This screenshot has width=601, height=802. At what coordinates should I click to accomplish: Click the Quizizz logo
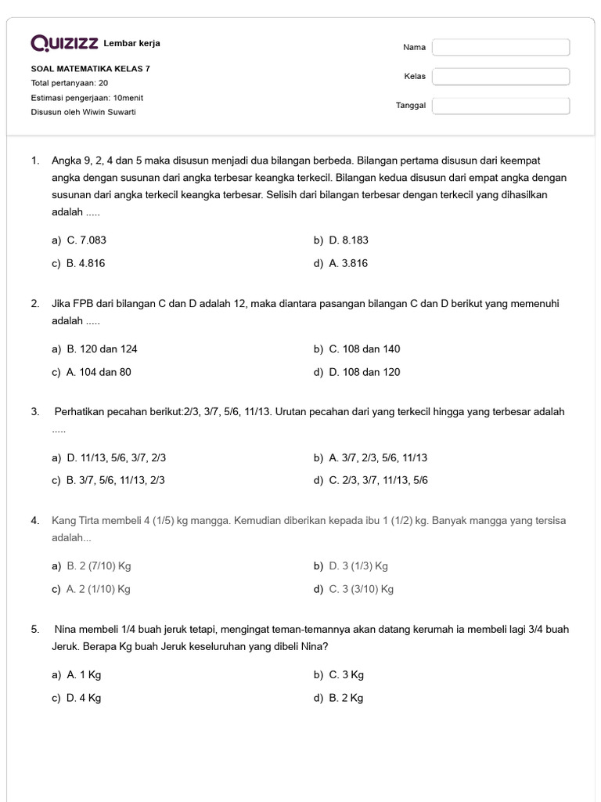click(64, 43)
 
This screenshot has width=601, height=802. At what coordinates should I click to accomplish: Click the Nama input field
click(501, 48)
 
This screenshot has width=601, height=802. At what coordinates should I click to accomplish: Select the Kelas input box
click(501, 77)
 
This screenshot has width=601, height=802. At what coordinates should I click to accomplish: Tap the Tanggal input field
click(501, 106)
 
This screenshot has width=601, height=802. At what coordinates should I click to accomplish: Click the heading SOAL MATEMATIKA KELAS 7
click(91, 69)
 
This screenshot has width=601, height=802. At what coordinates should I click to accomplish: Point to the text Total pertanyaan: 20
click(70, 83)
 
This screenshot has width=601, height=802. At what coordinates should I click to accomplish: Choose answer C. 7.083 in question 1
click(86, 240)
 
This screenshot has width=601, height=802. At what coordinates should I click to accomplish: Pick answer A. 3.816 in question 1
click(348, 264)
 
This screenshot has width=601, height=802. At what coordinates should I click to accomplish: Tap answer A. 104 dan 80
click(99, 373)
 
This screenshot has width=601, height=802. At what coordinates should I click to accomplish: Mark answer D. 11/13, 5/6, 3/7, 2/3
click(116, 458)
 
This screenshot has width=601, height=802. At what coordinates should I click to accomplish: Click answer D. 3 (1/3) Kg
click(358, 566)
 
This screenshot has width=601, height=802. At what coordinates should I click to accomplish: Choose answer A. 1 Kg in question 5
click(84, 675)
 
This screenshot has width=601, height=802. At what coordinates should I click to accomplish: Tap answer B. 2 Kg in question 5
click(346, 699)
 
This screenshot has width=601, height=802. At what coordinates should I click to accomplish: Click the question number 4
click(35, 521)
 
